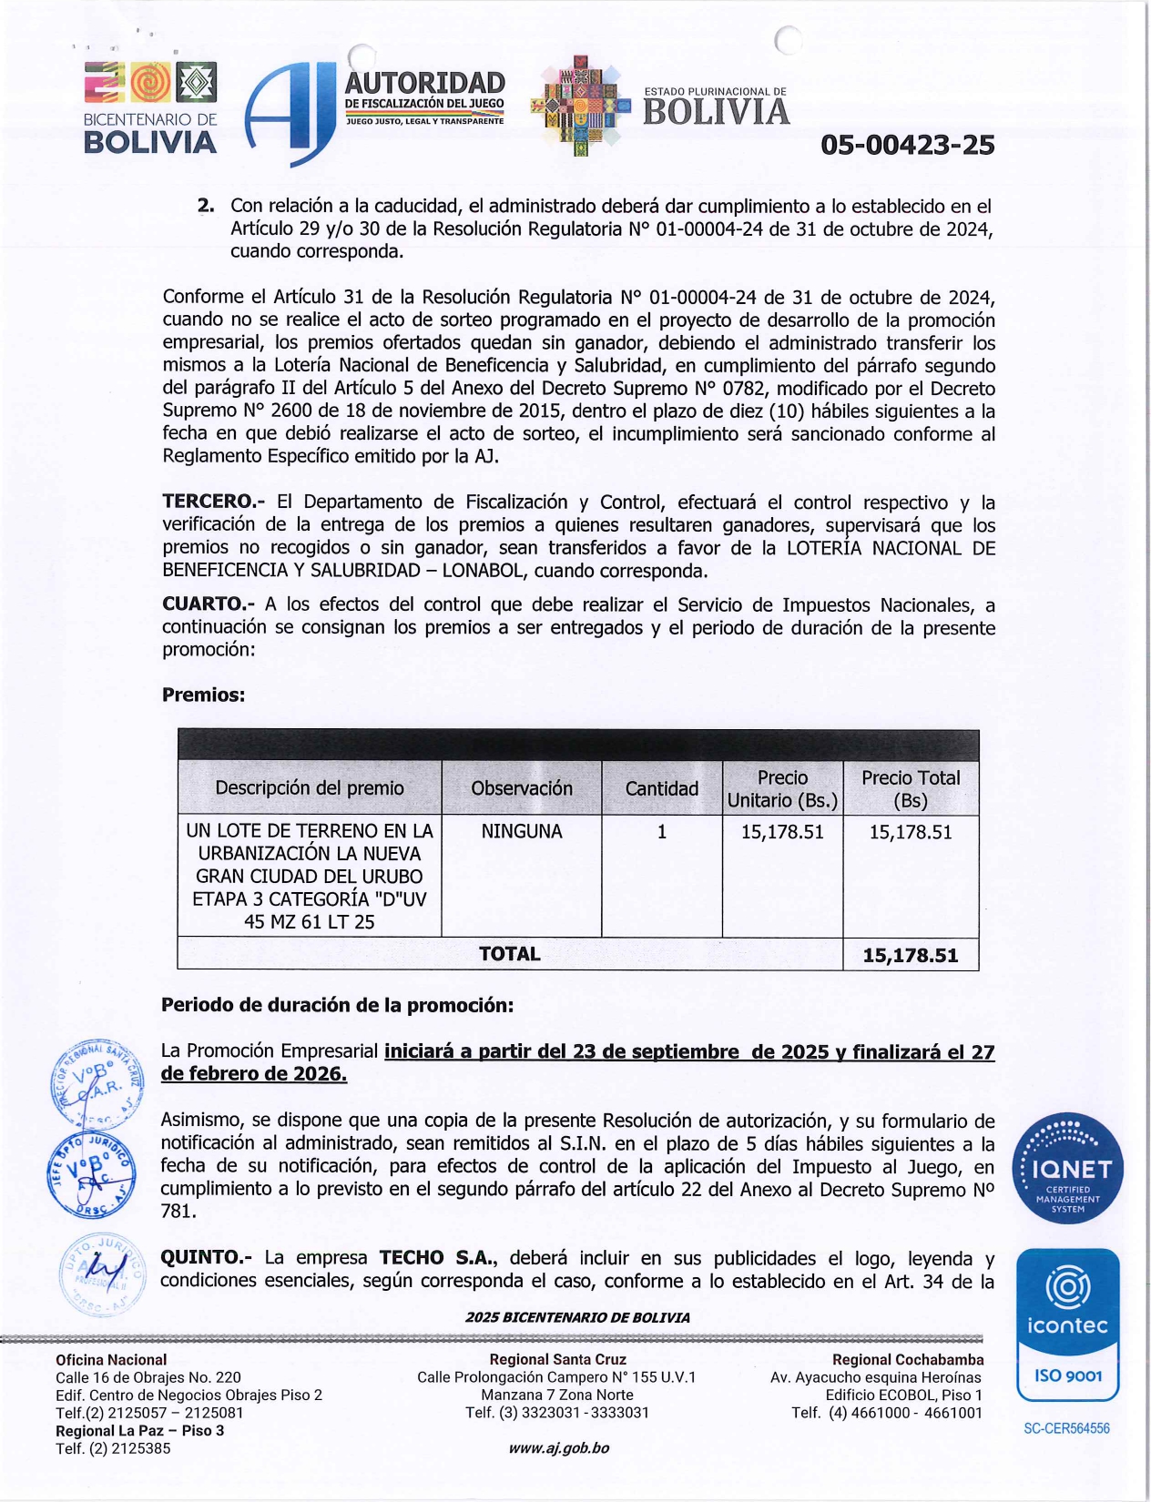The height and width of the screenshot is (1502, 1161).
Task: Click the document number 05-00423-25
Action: pos(907,145)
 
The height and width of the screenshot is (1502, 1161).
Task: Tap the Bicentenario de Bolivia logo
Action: pos(150,107)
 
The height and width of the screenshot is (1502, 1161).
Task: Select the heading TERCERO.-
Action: pos(213,502)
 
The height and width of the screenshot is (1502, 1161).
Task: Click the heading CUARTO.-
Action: pos(209,604)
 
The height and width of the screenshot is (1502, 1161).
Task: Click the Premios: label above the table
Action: pos(203,695)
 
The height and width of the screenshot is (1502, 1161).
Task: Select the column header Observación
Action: pos(522,788)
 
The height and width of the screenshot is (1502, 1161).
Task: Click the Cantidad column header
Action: pos(661,788)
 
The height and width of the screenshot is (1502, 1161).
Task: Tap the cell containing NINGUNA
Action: pos(522,831)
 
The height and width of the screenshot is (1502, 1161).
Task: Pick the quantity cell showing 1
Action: pos(662,831)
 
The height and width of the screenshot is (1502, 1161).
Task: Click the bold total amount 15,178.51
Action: pos(911,955)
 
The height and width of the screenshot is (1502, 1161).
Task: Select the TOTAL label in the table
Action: pos(509,953)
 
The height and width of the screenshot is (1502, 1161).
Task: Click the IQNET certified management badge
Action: pos(1068,1168)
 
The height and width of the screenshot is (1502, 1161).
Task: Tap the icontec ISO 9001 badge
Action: pos(1068,1324)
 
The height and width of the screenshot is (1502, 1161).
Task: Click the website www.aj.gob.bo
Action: pos(558,1447)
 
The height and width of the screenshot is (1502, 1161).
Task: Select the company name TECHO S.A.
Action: pos(438,1257)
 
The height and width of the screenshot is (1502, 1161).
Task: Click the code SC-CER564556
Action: pos(1066,1428)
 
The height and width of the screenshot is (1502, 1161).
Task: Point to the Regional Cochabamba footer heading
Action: pos(907,1359)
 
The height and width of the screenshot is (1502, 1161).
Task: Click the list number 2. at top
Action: pos(206,206)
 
